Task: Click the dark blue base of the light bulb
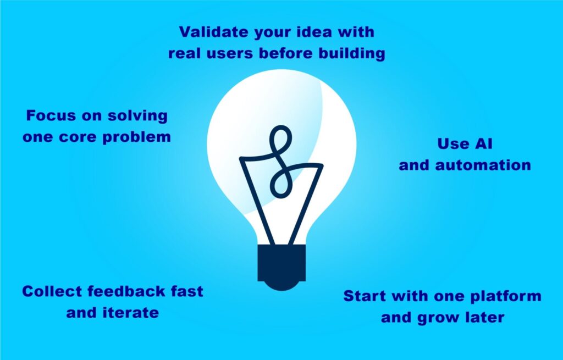[x=281, y=264]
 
